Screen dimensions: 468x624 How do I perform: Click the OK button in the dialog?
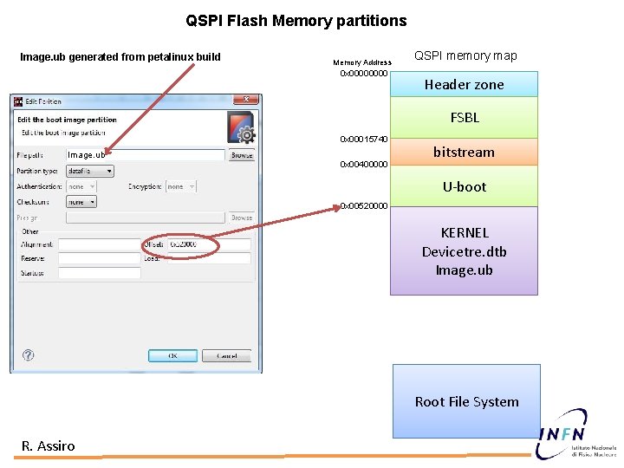pos(172,355)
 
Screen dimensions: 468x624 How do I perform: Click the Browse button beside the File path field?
pos(242,155)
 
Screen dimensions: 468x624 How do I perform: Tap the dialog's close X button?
pos(248,101)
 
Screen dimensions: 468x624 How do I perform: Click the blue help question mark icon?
pos(28,355)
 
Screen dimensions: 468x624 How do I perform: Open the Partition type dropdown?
pos(89,171)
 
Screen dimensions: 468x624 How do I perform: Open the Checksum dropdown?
pos(81,202)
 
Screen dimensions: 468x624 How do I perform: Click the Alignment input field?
pos(99,245)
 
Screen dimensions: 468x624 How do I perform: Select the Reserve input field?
pos(99,259)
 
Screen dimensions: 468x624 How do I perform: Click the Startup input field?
pos(99,273)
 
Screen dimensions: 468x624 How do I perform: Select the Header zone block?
pos(464,84)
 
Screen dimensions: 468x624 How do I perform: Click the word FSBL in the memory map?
pos(465,117)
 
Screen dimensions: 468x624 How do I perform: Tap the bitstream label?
pos(464,152)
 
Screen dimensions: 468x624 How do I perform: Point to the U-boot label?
pos(465,186)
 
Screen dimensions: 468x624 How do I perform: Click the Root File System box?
pos(466,401)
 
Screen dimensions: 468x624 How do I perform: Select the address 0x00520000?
pos(364,205)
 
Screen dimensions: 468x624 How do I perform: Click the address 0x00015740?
pos(364,139)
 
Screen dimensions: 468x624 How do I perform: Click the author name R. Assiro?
pos(49,445)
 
